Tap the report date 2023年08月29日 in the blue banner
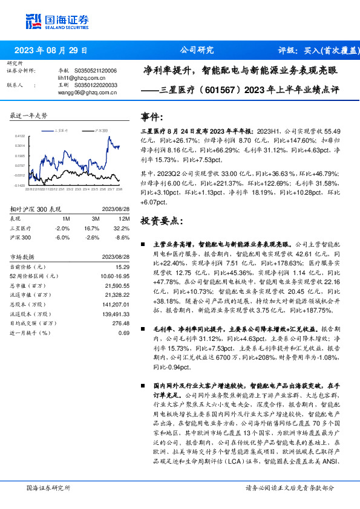tap(51, 50)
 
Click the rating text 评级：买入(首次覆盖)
tap(315, 50)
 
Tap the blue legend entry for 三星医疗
tap(62, 130)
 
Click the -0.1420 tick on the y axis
tap(19, 185)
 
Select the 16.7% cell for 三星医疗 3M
tap(91, 229)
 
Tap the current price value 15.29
tap(122, 267)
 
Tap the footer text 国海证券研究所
tap(48, 487)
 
